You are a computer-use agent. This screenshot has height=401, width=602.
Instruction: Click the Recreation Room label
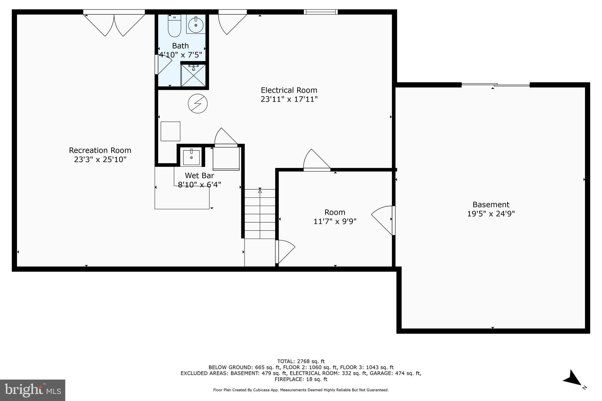click(100, 150)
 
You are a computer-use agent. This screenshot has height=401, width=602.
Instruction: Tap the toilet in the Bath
click(174, 26)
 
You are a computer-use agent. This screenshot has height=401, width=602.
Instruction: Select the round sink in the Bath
click(196, 25)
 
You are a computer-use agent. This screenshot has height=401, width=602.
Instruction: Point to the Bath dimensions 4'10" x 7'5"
click(180, 55)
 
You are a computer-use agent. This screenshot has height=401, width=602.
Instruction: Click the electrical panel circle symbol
click(198, 103)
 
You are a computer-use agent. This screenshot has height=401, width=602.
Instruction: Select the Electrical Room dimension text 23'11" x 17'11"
click(289, 99)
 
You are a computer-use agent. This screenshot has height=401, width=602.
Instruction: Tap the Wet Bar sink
click(191, 157)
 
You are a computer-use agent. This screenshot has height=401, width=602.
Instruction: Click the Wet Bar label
click(199, 176)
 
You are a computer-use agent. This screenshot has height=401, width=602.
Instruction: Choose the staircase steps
click(260, 214)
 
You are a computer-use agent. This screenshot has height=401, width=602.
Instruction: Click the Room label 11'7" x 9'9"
click(335, 217)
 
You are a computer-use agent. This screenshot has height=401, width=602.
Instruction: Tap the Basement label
click(491, 204)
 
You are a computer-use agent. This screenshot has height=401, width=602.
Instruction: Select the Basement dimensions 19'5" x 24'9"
click(491, 214)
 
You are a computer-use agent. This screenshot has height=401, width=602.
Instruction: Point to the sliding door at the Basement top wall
click(496, 85)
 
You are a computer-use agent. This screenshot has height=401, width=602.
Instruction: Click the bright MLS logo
click(32, 390)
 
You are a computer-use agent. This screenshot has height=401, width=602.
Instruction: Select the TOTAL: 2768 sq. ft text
click(301, 361)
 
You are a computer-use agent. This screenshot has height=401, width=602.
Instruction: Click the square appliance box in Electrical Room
click(170, 131)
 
